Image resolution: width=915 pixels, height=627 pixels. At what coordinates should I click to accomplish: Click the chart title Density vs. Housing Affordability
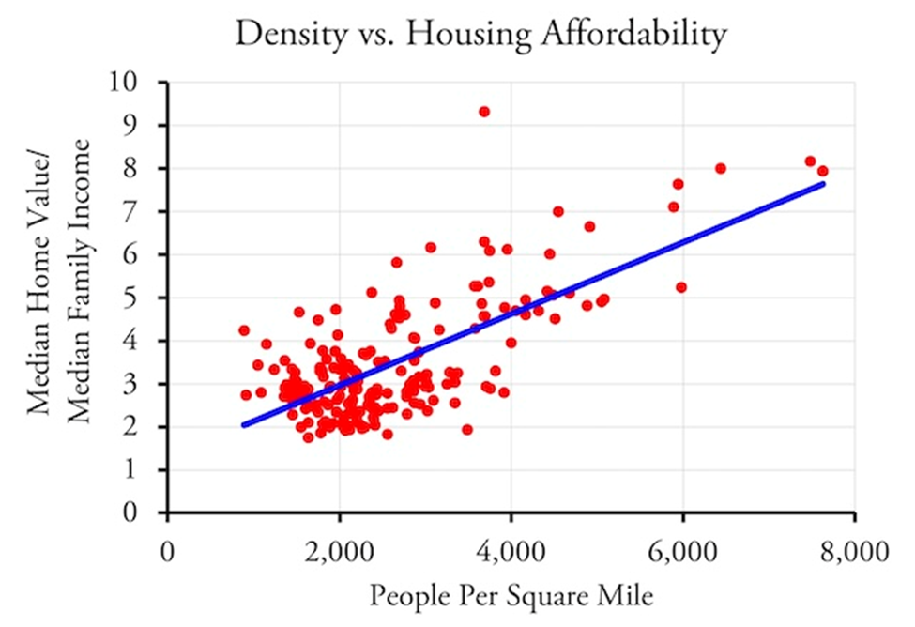[480, 35]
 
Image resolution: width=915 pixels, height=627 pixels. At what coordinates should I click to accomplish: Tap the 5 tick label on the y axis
[143, 298]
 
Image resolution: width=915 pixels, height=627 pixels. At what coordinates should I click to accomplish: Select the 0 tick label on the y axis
[143, 513]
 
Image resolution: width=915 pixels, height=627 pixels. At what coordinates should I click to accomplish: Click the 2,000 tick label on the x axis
[339, 550]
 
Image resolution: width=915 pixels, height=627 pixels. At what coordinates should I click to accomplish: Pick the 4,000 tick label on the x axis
[511, 550]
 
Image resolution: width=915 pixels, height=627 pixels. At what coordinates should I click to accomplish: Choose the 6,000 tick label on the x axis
[682, 550]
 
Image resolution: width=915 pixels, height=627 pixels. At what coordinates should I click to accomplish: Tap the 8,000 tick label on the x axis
[853, 550]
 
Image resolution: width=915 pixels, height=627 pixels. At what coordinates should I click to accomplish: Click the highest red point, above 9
[484, 112]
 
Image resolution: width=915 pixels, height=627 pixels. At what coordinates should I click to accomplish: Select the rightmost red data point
[822, 171]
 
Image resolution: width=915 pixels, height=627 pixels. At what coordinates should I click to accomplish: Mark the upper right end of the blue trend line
[822, 184]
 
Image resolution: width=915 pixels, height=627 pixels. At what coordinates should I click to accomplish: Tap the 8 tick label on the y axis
[143, 169]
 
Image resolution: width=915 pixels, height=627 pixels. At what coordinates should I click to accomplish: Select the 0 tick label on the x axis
[167, 550]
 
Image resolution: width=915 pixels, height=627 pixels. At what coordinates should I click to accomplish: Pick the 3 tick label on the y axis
[143, 384]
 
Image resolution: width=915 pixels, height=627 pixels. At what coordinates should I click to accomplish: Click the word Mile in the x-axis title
[627, 595]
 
